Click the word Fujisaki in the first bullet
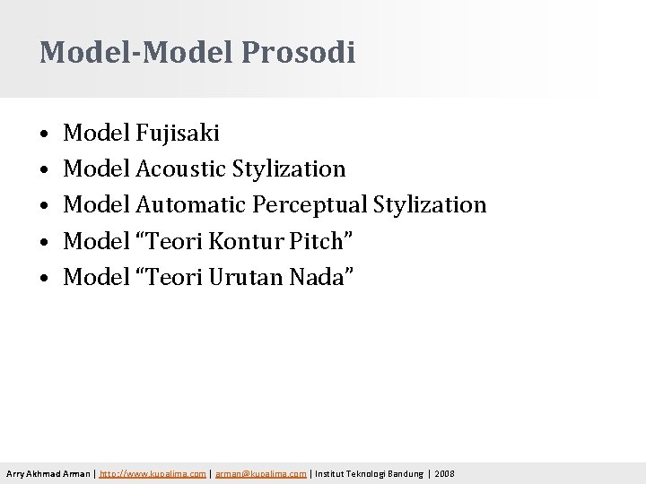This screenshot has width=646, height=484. coord(178,134)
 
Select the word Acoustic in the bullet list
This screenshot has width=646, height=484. coord(181,169)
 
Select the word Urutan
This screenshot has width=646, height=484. coord(247,277)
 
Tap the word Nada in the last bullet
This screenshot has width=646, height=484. coord(319,277)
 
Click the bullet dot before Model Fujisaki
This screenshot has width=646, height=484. coord(44,135)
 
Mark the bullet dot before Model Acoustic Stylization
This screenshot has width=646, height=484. coord(44,171)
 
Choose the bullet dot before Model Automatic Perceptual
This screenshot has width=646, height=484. coord(44,207)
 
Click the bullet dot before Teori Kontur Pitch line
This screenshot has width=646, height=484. coord(44,243)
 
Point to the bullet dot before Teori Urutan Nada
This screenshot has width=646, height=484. coord(44,279)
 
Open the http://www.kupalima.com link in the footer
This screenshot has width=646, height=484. coord(153,473)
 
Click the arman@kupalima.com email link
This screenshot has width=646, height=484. coord(261,473)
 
